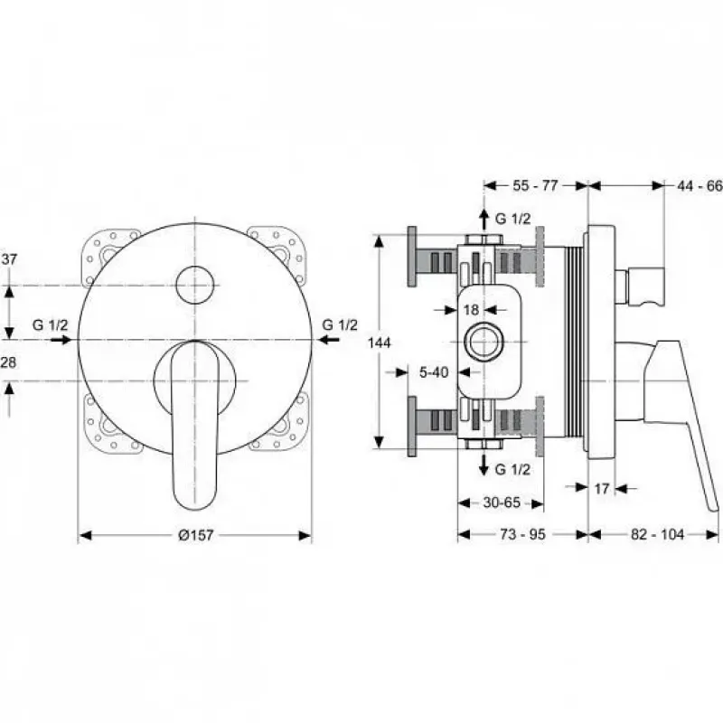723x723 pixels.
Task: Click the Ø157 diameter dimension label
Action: (x=196, y=535)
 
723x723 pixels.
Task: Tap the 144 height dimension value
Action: (x=380, y=343)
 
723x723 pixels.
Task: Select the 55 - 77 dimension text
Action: (x=535, y=185)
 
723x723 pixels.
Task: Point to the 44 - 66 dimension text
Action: (x=700, y=186)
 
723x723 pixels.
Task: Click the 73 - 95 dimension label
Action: (x=522, y=534)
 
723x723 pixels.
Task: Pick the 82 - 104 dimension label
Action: (x=657, y=534)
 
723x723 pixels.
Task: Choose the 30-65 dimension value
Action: (x=502, y=502)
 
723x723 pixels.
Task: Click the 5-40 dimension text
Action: (x=434, y=372)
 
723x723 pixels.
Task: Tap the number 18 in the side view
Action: (x=471, y=310)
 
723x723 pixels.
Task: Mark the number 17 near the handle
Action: (x=601, y=488)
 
